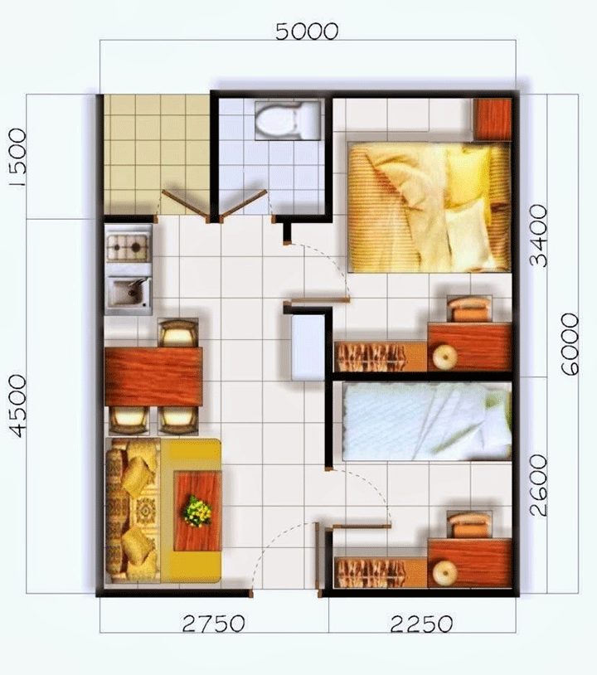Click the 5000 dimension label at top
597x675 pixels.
(307, 32)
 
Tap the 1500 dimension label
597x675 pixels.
(17, 158)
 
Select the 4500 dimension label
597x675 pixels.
(17, 406)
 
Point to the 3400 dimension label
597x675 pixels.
(538, 236)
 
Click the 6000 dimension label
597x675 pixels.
(570, 344)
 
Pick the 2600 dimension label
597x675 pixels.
(538, 485)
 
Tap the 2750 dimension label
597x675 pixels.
(214, 624)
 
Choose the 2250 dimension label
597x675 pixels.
(421, 624)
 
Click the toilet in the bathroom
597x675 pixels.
(288, 120)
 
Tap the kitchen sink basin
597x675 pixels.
(129, 293)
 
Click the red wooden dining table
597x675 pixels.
(153, 377)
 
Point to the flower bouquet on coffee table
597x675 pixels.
(198, 511)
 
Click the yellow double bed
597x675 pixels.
(430, 207)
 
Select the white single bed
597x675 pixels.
(427, 422)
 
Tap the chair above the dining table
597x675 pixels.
(178, 333)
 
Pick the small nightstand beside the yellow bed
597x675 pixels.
(493, 119)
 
